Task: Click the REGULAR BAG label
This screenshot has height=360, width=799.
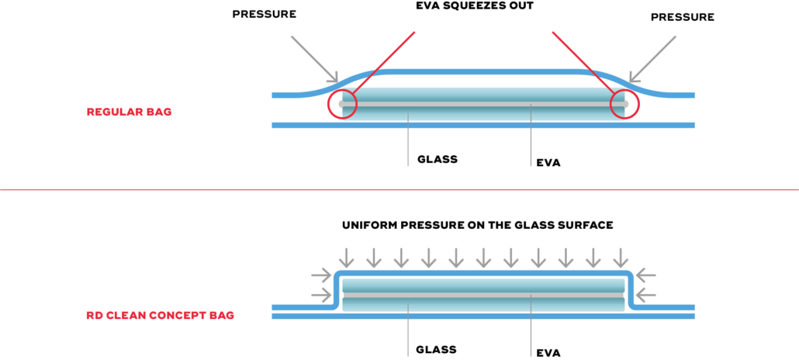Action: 129,112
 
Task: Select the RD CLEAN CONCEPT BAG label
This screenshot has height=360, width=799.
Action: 160,316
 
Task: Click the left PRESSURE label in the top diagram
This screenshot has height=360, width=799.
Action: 264,14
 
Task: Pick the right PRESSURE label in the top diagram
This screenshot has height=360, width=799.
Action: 683,17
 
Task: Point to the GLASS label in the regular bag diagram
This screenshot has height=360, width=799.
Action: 438,159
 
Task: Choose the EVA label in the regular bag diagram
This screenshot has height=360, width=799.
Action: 548,164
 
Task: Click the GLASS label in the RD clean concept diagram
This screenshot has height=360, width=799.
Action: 436,350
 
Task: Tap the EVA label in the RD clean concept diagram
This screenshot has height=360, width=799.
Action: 548,352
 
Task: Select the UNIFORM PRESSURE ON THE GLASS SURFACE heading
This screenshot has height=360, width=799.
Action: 478,225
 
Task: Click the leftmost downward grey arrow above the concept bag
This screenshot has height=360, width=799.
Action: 347,258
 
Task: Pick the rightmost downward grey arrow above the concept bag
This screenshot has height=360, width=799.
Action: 621,258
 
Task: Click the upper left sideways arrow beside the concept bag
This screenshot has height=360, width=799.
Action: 321,276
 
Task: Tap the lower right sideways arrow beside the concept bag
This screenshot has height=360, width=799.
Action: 647,294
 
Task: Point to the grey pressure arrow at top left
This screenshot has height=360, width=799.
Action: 314,59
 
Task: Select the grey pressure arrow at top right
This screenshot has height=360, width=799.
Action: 652,59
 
